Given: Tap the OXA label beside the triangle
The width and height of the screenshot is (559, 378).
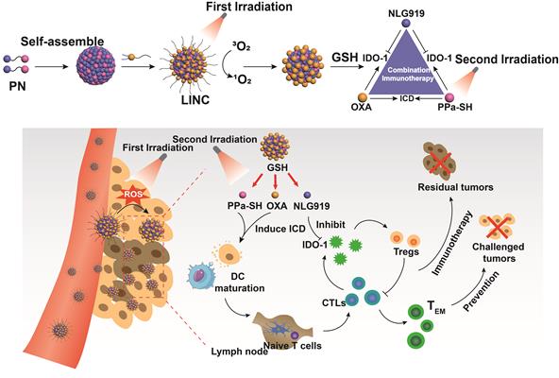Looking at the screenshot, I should coord(363,105).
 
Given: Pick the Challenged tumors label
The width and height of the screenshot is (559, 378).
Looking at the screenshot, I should coord(510,250).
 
